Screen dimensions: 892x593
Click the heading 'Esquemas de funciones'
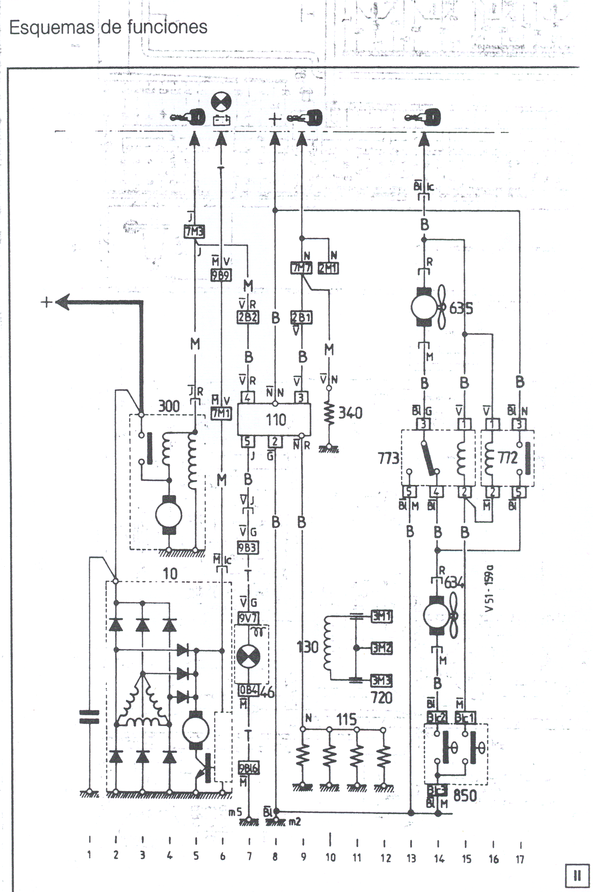pyautogui.click(x=108, y=27)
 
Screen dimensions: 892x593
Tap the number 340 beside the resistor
pyautogui.click(x=350, y=412)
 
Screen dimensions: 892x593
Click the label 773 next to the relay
pyautogui.click(x=389, y=458)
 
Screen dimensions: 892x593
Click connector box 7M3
pyautogui.click(x=194, y=232)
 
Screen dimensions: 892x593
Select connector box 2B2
pyautogui.click(x=248, y=318)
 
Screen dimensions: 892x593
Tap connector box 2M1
pyautogui.click(x=328, y=268)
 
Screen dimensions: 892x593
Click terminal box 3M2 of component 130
pyautogui.click(x=381, y=648)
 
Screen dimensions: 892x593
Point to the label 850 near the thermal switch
pyautogui.click(x=464, y=796)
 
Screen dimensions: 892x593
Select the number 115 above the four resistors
pyautogui.click(x=347, y=720)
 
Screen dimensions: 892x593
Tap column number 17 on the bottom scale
pyautogui.click(x=520, y=859)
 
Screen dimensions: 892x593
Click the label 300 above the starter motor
pyautogui.click(x=169, y=406)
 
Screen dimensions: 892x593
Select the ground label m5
pyautogui.click(x=235, y=813)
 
